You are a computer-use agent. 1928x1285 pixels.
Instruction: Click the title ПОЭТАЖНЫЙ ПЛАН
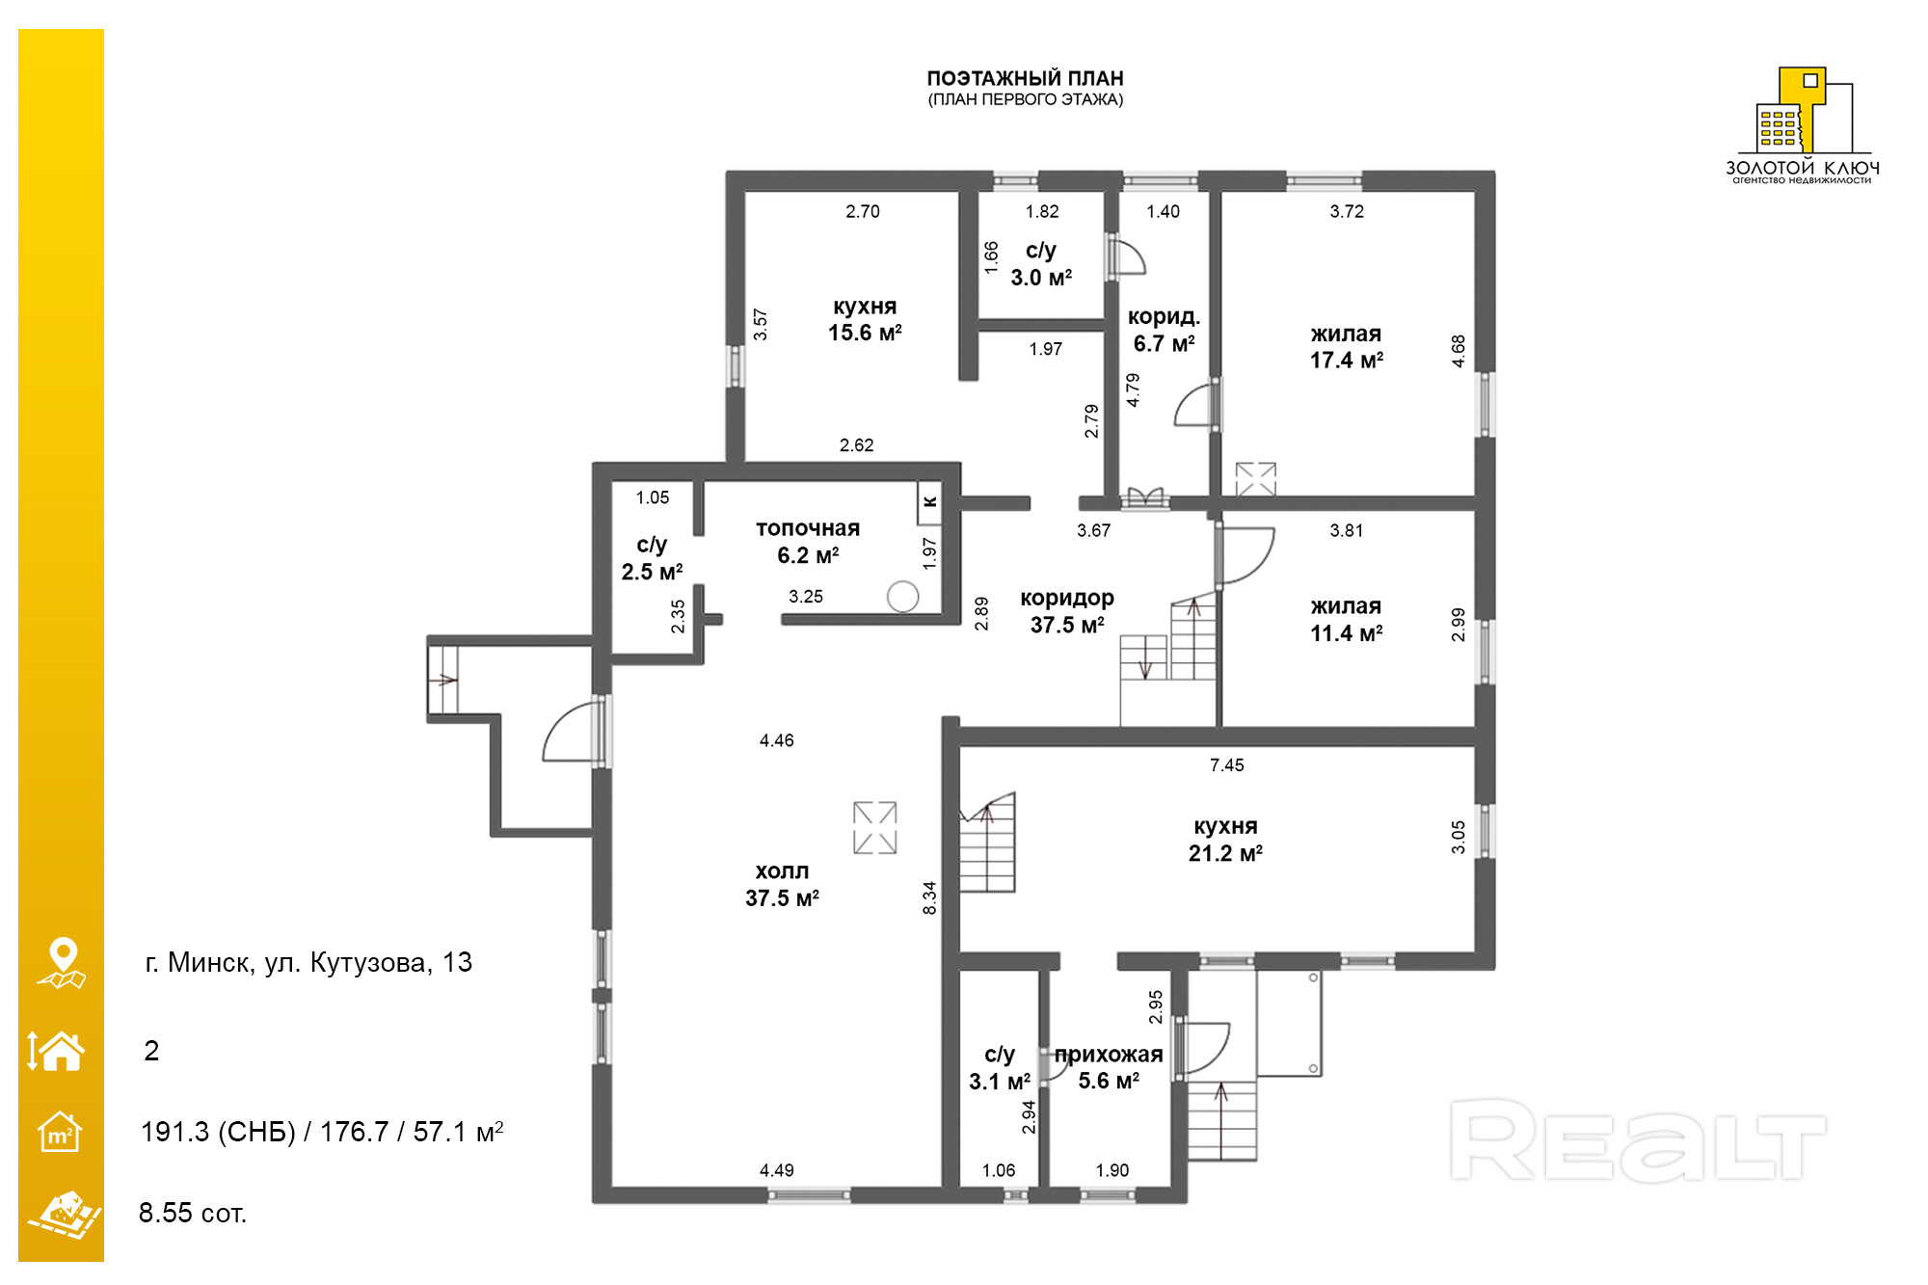click(x=1025, y=78)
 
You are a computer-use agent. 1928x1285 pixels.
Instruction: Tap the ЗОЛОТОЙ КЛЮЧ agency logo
click(x=1802, y=124)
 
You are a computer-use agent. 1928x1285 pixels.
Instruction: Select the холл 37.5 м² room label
click(x=782, y=885)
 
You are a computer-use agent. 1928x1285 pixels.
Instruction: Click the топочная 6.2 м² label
click(x=808, y=542)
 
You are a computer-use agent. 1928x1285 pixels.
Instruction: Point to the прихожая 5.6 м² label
click(x=1109, y=1067)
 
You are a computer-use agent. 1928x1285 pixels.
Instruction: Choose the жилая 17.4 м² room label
click(x=1346, y=347)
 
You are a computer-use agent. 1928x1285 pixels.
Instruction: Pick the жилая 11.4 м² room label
click(x=1346, y=620)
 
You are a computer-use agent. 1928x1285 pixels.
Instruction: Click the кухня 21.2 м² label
click(x=1225, y=840)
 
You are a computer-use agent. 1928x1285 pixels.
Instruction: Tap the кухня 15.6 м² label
click(x=865, y=319)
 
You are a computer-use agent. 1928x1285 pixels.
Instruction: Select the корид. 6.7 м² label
click(x=1164, y=330)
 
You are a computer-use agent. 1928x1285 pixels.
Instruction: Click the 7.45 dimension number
click(x=1226, y=765)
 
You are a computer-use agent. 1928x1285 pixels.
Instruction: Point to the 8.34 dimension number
click(x=929, y=897)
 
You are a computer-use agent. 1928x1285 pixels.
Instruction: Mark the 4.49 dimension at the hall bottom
click(x=776, y=1170)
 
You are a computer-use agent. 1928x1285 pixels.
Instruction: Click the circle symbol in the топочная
click(x=902, y=597)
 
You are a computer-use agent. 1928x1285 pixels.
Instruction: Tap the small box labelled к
click(x=929, y=502)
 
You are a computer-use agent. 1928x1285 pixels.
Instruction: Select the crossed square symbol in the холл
click(x=874, y=827)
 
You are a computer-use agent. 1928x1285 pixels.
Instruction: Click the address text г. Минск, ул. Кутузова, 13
click(x=308, y=962)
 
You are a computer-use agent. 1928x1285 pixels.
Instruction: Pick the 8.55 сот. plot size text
click(x=193, y=1213)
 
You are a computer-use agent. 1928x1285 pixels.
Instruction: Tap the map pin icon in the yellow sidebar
click(x=62, y=962)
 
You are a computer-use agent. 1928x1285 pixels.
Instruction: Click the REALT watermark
click(x=1638, y=1140)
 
